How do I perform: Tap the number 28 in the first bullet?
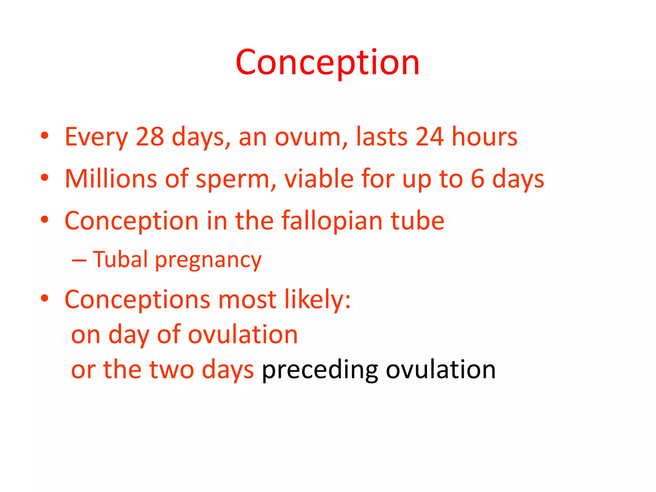pyautogui.click(x=150, y=137)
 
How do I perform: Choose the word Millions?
pyautogui.click(x=111, y=179)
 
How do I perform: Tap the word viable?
pyautogui.click(x=319, y=179)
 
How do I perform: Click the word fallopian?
pyautogui.click(x=332, y=221)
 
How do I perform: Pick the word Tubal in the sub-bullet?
pyautogui.click(x=120, y=259)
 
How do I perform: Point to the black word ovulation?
pyautogui.click(x=441, y=370)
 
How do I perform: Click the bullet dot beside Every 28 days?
pyautogui.click(x=45, y=136)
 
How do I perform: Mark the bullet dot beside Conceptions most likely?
pyautogui.click(x=45, y=298)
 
